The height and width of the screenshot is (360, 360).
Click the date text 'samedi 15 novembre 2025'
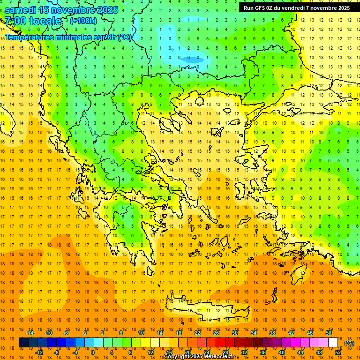coord(61,9)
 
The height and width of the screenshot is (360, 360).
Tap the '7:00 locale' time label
coord(33,21)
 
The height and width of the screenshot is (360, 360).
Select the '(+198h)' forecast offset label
coord(83,21)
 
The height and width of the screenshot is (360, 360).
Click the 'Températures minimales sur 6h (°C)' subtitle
coord(68,37)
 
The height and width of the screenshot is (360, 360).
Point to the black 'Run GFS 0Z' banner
coord(296,8)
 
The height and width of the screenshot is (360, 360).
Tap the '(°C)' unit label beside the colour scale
coord(349,343)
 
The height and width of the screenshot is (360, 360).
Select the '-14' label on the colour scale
coord(30,333)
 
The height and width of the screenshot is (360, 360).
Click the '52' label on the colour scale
coord(338,352)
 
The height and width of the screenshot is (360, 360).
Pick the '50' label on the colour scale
coord(329,333)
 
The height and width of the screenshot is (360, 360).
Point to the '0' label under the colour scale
coord(92,352)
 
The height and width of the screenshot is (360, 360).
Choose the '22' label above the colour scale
coord(197,333)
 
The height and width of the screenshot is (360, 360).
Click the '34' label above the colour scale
coord(254,333)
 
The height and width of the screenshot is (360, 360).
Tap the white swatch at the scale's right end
coord(333,343)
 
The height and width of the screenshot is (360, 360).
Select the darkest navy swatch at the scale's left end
coord(24,343)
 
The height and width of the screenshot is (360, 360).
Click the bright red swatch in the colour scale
coord(221,343)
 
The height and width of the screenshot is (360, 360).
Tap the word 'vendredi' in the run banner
coord(295,8)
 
